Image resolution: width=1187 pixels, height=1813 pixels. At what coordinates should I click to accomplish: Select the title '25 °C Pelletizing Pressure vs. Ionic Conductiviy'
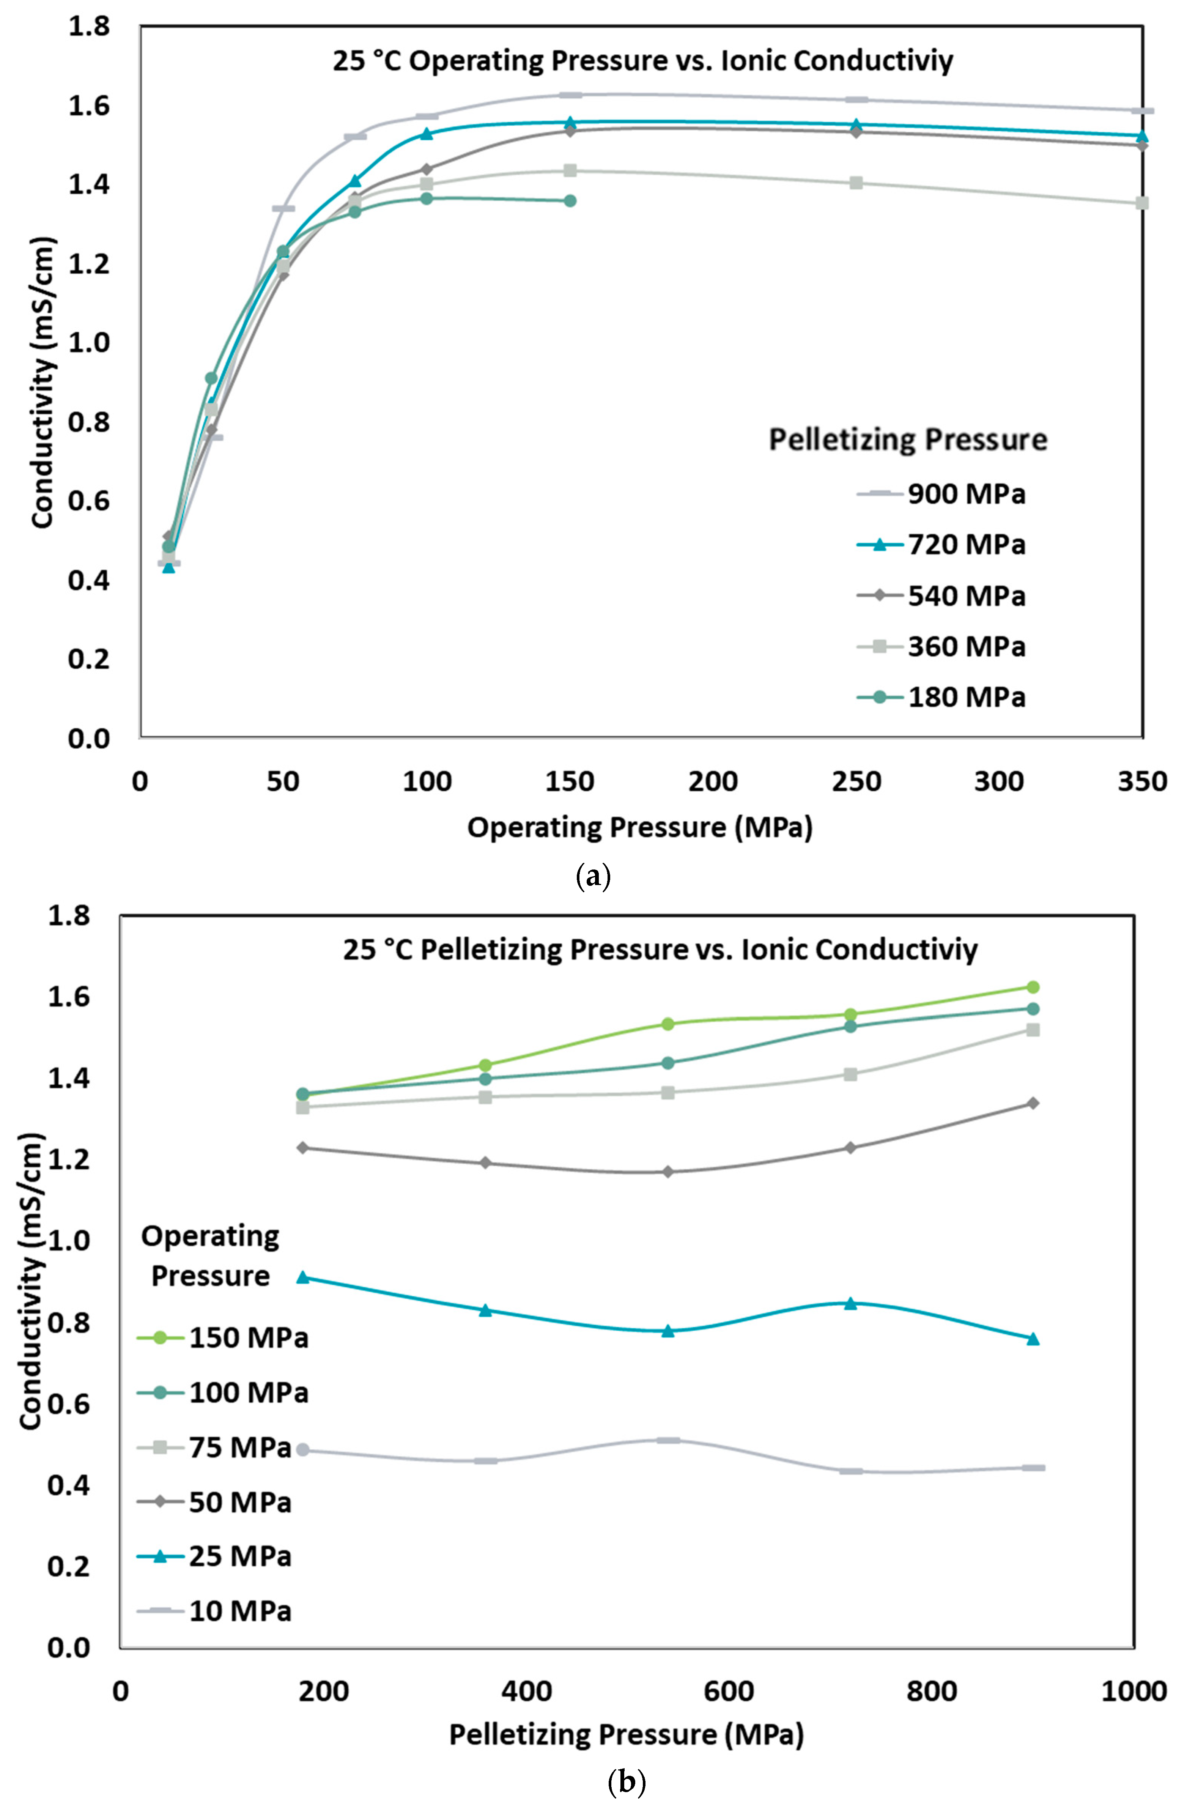(x=660, y=950)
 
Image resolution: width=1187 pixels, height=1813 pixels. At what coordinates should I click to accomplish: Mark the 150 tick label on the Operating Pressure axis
(x=570, y=782)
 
